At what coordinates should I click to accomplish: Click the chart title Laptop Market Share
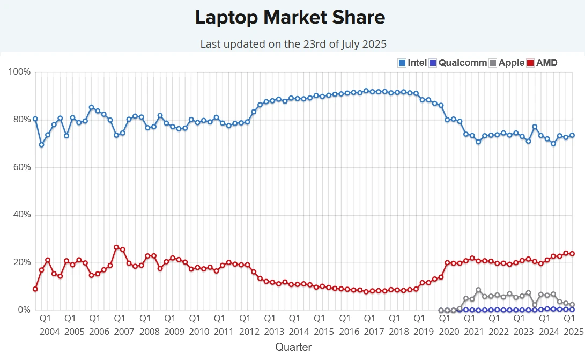point(290,18)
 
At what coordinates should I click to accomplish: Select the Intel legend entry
point(412,63)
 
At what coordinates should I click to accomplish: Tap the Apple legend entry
point(506,63)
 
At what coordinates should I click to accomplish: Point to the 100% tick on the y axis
point(21,72)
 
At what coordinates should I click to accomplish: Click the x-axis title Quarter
point(293,347)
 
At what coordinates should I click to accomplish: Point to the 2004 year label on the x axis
point(50,332)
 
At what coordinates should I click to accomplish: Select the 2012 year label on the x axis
point(249,332)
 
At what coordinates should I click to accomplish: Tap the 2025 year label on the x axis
point(573,332)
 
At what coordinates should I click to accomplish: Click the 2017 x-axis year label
point(374,332)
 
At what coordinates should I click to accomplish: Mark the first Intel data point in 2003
point(35,119)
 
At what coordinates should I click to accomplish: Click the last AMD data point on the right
point(572,253)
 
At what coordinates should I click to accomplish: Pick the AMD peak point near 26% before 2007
point(116,247)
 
